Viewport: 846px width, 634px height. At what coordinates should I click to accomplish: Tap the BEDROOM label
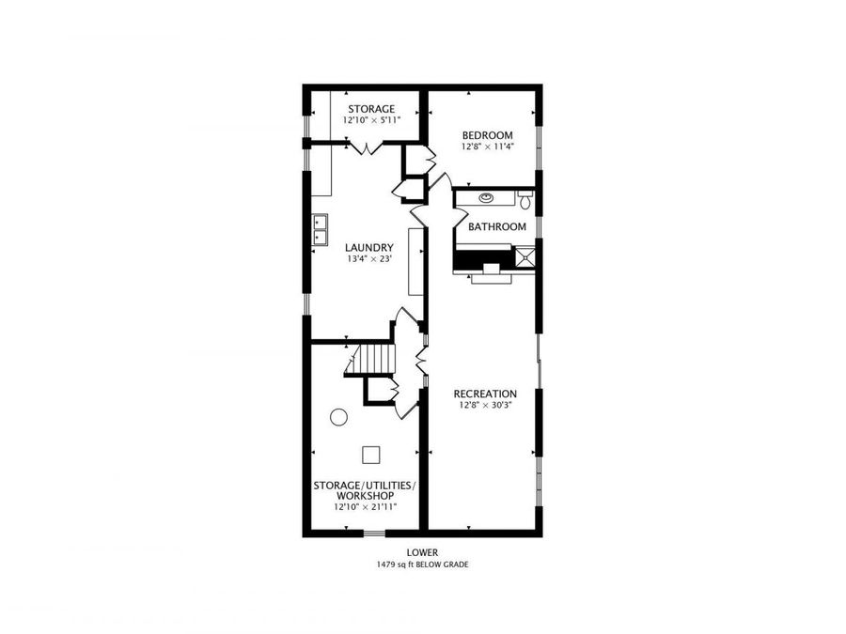pyautogui.click(x=487, y=135)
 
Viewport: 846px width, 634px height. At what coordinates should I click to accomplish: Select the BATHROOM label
pyautogui.click(x=497, y=226)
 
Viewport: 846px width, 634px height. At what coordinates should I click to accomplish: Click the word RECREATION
pyautogui.click(x=485, y=394)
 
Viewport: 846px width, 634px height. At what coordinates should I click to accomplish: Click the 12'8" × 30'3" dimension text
pyautogui.click(x=485, y=406)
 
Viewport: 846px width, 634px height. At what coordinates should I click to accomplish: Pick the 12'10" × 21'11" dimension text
pyautogui.click(x=364, y=507)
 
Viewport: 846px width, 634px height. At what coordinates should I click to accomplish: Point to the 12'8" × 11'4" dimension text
pyautogui.click(x=487, y=147)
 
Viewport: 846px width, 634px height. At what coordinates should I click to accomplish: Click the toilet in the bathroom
pyautogui.click(x=525, y=200)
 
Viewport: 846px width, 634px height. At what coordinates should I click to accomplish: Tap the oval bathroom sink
pyautogui.click(x=487, y=198)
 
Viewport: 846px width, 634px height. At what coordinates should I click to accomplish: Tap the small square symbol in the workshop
pyautogui.click(x=371, y=454)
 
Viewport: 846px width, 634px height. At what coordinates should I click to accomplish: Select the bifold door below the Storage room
pyautogui.click(x=364, y=147)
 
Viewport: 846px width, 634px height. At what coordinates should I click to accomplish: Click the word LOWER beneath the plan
pyautogui.click(x=422, y=552)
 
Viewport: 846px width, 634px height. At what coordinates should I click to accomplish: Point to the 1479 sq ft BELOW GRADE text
pyautogui.click(x=422, y=564)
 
